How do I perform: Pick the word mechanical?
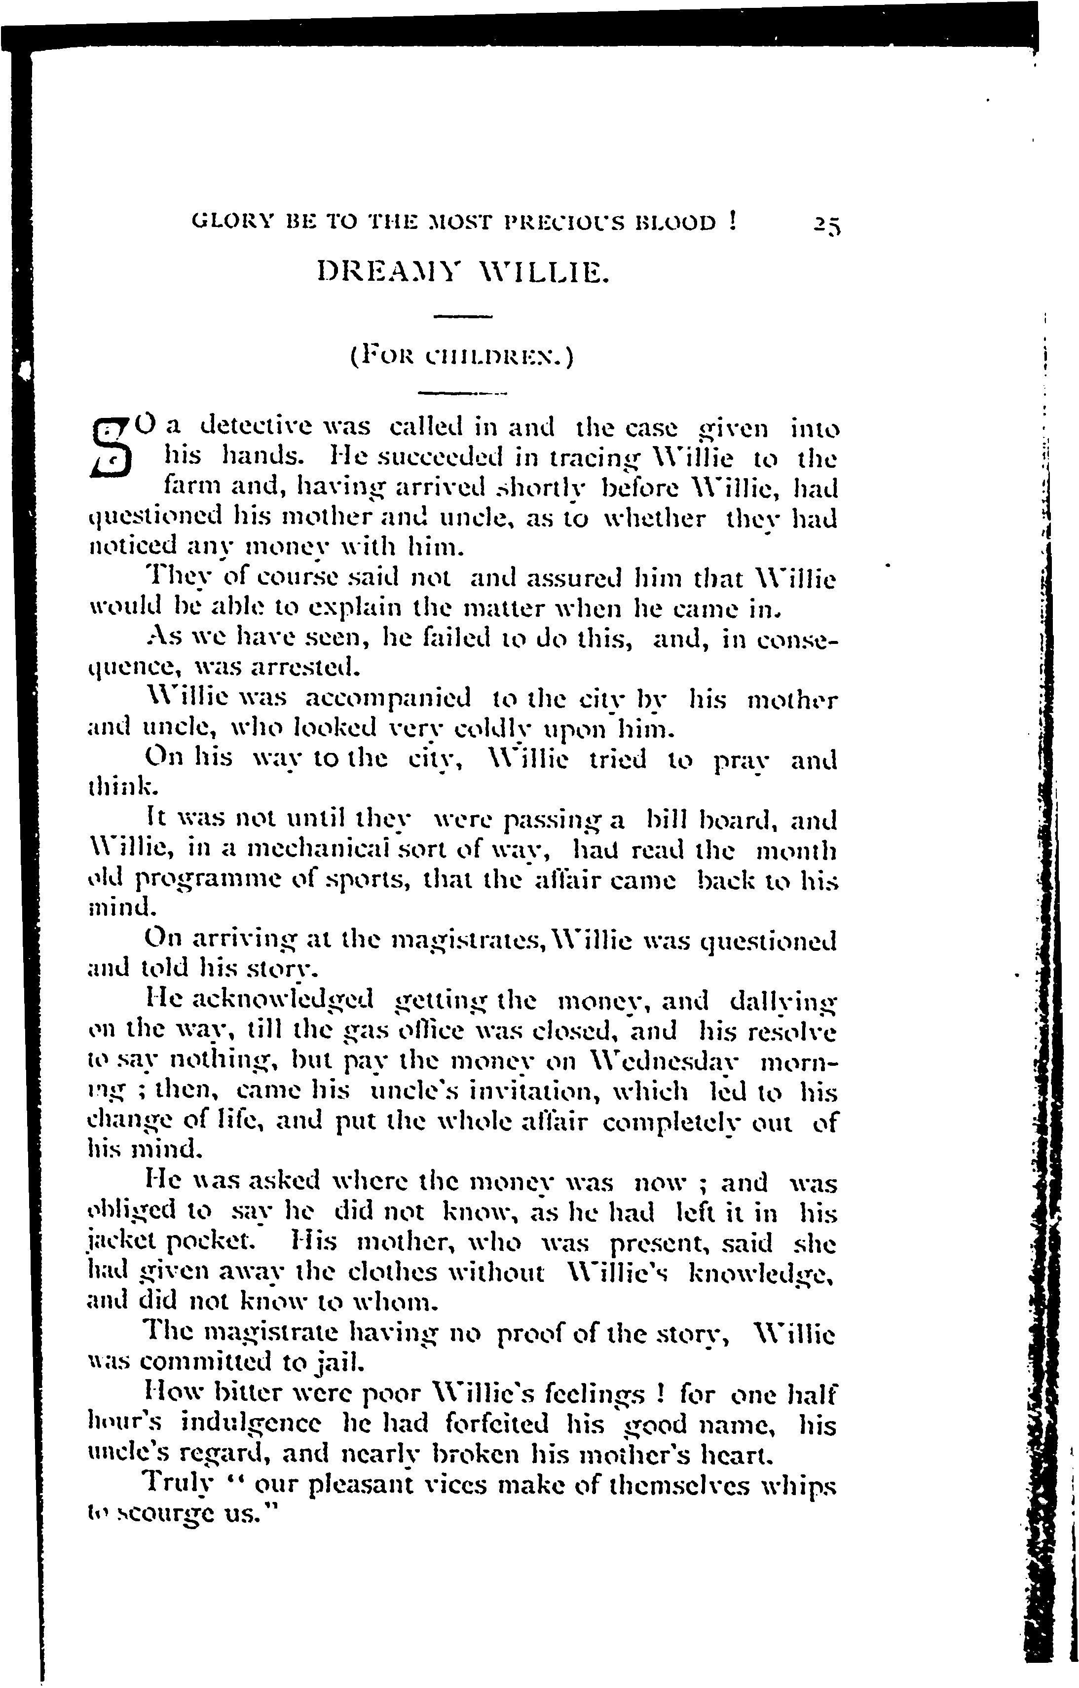pyautogui.click(x=302, y=851)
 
